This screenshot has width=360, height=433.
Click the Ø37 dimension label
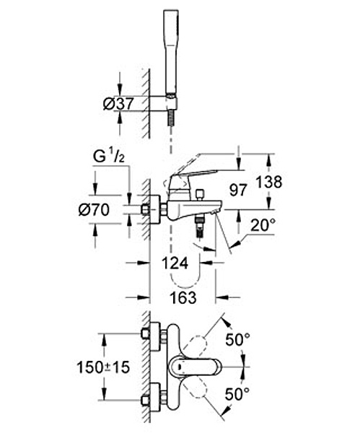(x=118, y=104)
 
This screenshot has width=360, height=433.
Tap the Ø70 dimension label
(x=94, y=210)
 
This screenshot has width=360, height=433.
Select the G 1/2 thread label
(x=108, y=157)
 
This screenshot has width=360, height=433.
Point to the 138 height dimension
(x=269, y=182)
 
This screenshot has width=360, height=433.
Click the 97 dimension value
(x=238, y=190)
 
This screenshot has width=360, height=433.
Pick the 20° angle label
(x=263, y=226)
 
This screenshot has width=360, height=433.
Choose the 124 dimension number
(x=175, y=263)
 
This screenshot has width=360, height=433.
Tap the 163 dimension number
(x=183, y=297)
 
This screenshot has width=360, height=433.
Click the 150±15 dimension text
(x=103, y=367)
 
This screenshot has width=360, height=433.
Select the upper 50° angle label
(x=237, y=339)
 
